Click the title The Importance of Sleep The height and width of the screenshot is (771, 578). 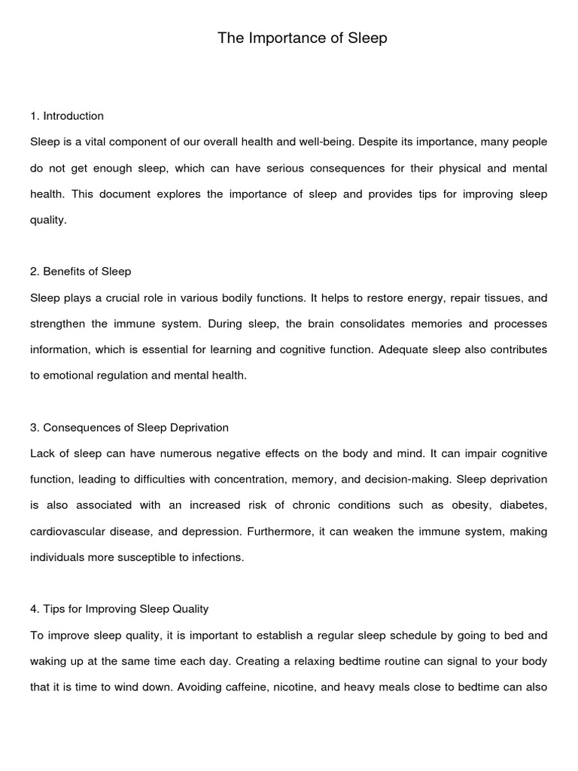tap(303, 38)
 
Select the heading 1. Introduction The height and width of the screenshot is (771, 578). tap(67, 116)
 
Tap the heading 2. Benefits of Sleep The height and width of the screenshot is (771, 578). tap(81, 271)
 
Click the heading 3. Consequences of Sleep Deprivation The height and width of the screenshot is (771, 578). tap(129, 428)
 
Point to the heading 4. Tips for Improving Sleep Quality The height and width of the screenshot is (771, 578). tap(119, 609)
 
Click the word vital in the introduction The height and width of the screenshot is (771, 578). tap(99, 142)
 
